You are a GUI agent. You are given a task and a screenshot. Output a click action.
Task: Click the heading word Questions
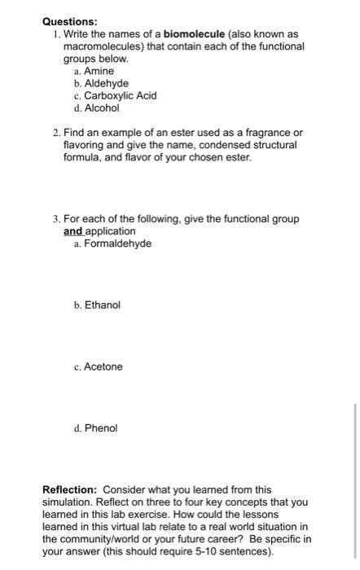[70, 21]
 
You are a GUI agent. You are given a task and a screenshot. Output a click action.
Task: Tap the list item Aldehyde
[107, 83]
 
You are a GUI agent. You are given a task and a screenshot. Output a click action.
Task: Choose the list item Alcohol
[102, 107]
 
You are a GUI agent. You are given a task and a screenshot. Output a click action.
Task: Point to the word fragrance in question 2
[269, 132]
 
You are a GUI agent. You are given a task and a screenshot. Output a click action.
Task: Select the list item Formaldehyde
[117, 243]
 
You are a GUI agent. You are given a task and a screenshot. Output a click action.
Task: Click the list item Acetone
[103, 366]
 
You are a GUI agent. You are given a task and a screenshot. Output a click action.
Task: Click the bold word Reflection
[69, 489]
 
